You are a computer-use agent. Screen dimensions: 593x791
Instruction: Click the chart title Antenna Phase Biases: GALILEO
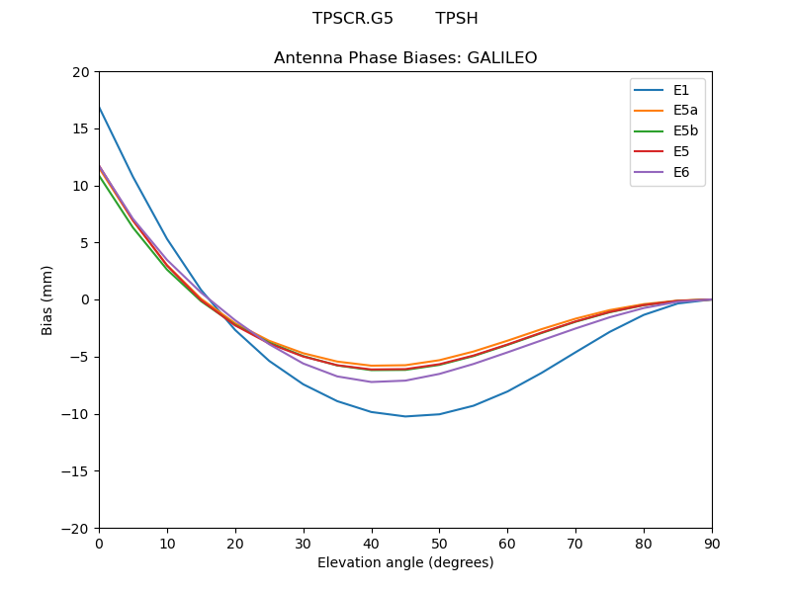pyautogui.click(x=405, y=58)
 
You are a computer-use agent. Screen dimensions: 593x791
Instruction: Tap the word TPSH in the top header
pyautogui.click(x=457, y=19)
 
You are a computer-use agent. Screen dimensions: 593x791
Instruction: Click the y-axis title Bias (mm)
pyautogui.click(x=47, y=299)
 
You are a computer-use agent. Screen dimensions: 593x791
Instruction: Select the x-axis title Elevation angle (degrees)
pyautogui.click(x=405, y=563)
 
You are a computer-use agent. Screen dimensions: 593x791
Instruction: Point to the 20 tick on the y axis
pyautogui.click(x=81, y=71)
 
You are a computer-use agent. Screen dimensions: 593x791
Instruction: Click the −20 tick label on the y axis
pyautogui.click(x=76, y=528)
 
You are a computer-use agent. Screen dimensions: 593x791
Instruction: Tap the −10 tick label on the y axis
pyautogui.click(x=76, y=414)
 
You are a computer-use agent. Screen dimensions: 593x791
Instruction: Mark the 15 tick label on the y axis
pyautogui.click(x=81, y=128)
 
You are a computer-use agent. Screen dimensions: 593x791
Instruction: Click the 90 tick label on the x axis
pyautogui.click(x=712, y=544)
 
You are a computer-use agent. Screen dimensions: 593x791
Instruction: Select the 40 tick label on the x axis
pyautogui.click(x=372, y=544)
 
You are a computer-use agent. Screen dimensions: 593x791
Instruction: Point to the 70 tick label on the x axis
pyautogui.click(x=575, y=544)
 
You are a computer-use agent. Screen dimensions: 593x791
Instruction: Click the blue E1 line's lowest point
pyautogui.click(x=405, y=416)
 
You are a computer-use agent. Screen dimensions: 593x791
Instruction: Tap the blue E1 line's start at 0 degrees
pyautogui.click(x=100, y=107)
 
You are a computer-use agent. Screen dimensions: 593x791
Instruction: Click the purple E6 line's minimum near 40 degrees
pyautogui.click(x=372, y=381)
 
